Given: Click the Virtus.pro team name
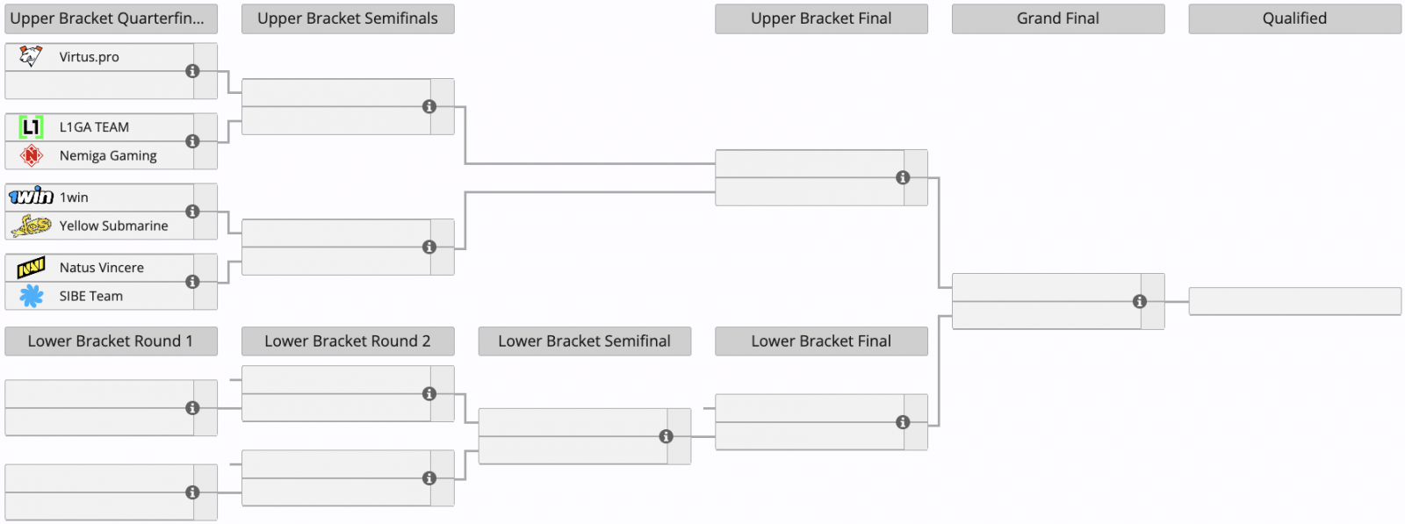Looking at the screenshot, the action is (x=89, y=57).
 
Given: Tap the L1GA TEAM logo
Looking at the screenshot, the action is (x=31, y=127).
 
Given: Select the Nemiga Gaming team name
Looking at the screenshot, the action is (x=108, y=155).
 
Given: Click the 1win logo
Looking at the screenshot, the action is (x=31, y=197).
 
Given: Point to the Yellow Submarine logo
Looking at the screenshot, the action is (x=31, y=226).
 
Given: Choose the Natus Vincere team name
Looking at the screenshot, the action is (x=102, y=268).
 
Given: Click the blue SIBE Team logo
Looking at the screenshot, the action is (x=31, y=296).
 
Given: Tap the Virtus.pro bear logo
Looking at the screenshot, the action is (x=31, y=56).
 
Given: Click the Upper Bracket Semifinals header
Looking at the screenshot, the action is (x=348, y=18).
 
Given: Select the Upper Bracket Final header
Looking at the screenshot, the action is (x=821, y=18).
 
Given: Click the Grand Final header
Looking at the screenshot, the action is (x=1058, y=18).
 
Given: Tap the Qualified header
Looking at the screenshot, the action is (x=1294, y=18).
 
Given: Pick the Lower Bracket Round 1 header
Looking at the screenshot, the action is (x=111, y=341).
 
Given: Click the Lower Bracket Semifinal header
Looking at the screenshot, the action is (x=585, y=341).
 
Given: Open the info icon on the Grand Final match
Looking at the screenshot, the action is (x=1140, y=301).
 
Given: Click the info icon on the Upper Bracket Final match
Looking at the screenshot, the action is (x=903, y=178).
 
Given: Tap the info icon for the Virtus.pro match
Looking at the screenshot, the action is (x=192, y=71).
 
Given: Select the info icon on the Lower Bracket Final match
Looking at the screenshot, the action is (x=903, y=422).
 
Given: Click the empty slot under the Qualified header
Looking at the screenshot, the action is (x=1294, y=301).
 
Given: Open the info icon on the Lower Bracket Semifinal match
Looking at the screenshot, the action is (x=666, y=437).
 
